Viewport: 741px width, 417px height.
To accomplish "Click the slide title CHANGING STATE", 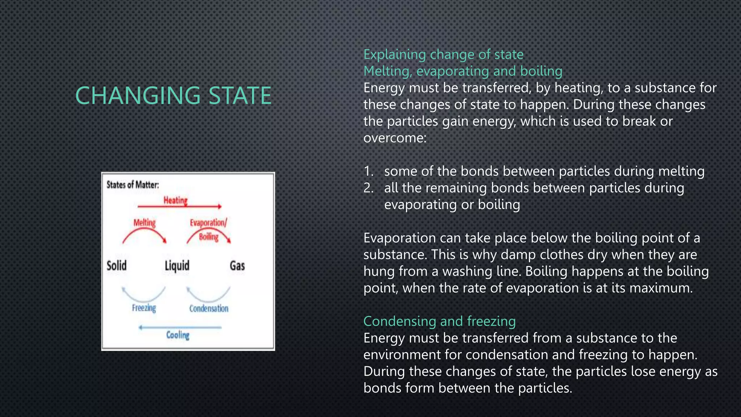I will (x=173, y=96).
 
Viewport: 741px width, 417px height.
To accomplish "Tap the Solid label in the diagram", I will (x=117, y=266).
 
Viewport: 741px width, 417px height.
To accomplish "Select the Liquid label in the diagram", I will (x=177, y=266).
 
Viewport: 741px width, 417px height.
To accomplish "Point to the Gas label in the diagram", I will (x=237, y=266).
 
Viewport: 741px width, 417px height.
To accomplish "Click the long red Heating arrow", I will (x=179, y=207).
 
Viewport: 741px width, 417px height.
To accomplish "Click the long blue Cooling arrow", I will (x=180, y=327).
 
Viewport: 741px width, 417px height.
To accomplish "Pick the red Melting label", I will (x=144, y=223).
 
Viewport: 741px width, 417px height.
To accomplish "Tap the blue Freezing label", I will (x=144, y=308).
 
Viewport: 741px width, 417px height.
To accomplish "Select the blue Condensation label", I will (x=209, y=308).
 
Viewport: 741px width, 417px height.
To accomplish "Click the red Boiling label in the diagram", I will (x=209, y=237).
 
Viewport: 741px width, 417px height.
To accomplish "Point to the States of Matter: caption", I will (x=132, y=185).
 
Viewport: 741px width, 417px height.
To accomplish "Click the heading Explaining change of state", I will (x=443, y=55).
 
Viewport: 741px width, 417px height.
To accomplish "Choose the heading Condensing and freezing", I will (x=439, y=321).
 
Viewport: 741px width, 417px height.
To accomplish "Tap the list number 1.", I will (x=368, y=171).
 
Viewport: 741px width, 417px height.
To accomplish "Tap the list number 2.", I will (x=368, y=188).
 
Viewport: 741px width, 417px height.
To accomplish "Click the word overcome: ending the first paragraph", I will (x=395, y=138).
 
